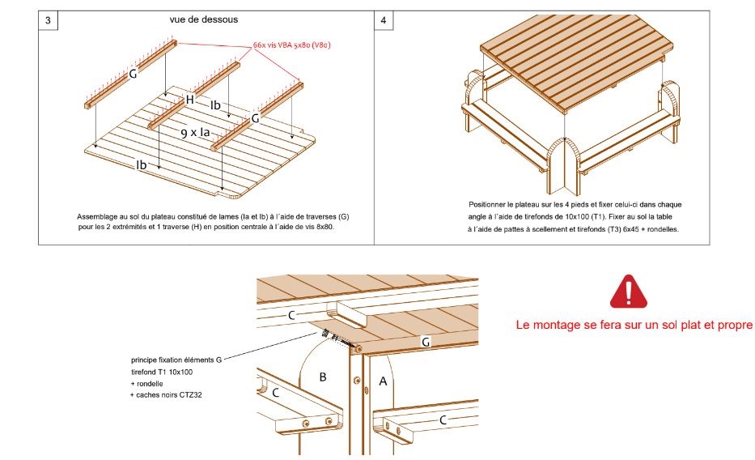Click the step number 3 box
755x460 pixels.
[49, 21]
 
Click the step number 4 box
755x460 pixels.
[384, 21]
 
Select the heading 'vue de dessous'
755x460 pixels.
[198, 20]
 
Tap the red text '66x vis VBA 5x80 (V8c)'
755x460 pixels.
[290, 45]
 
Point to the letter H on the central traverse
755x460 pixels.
[189, 100]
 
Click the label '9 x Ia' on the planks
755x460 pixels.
[195, 132]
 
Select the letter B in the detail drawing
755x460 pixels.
[323, 377]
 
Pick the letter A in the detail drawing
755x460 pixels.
[383, 381]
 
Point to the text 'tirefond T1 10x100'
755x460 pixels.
[162, 372]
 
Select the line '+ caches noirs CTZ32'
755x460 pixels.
[168, 394]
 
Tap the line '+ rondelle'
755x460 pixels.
[146, 383]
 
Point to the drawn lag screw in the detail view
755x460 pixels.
[340, 338]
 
